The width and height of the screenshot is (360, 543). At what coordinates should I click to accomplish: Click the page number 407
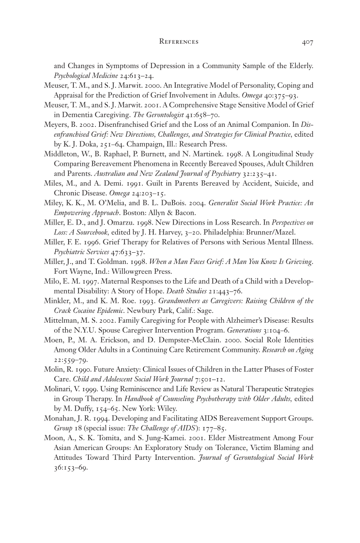307,42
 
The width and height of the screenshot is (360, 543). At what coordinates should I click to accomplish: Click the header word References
179,42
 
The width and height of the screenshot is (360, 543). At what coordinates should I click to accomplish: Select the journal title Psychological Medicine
83,75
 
